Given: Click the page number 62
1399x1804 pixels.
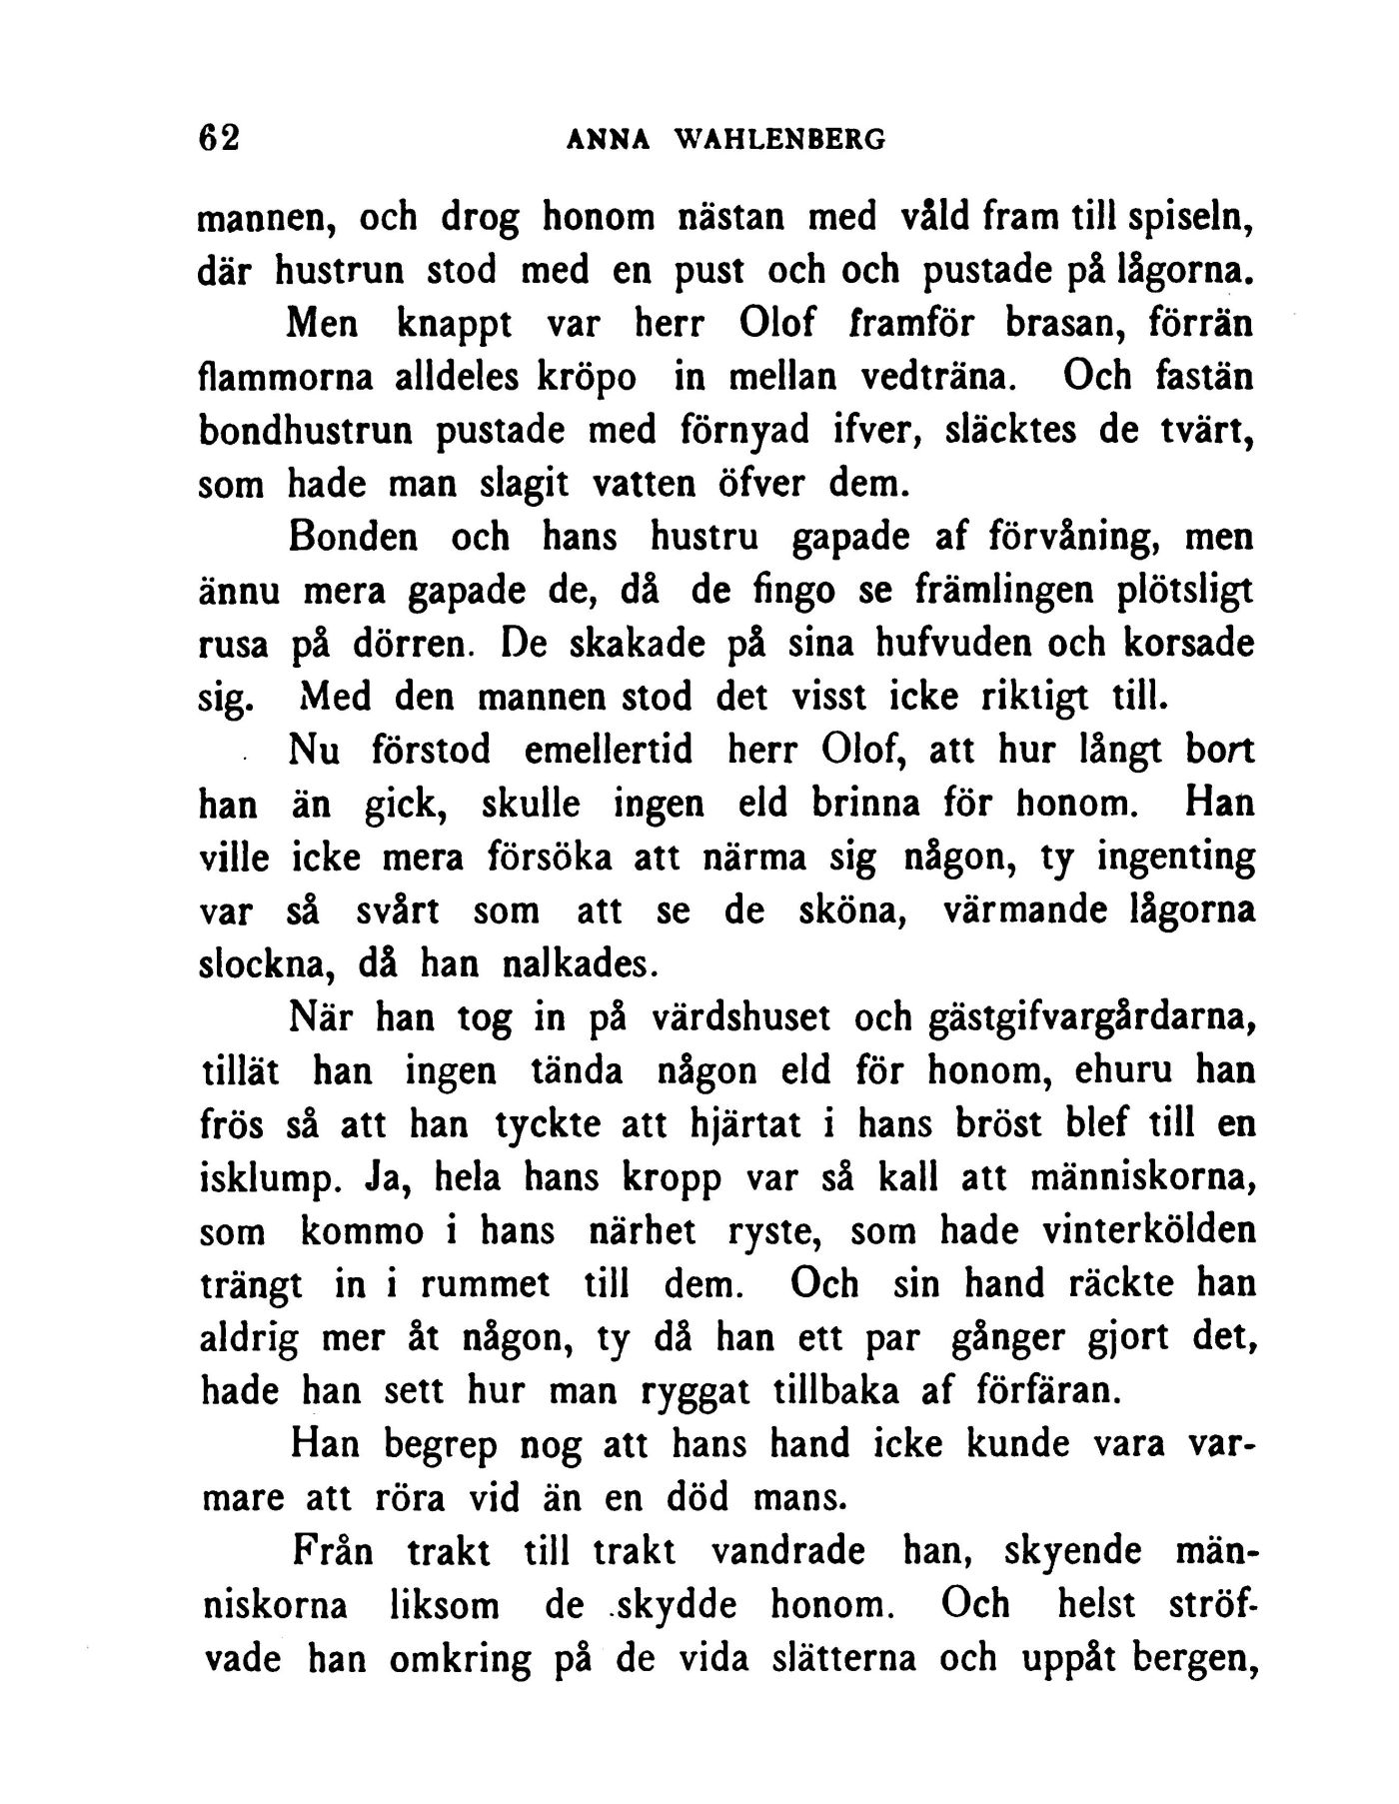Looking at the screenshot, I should click(x=220, y=138).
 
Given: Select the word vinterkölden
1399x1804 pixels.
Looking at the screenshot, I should click(x=1147, y=1231).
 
